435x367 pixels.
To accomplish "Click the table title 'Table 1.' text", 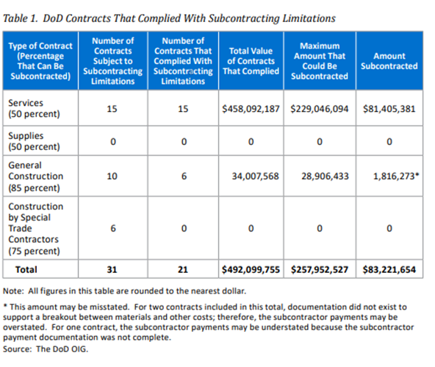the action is point(21,18).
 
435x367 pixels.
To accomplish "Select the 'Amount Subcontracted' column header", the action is point(389,61).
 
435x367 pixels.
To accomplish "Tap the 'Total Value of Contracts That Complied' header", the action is point(251,61).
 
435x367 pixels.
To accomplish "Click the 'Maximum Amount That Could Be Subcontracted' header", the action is point(320,61).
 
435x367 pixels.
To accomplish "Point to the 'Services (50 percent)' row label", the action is point(34,108).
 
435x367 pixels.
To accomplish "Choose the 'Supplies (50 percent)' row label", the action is point(34,141).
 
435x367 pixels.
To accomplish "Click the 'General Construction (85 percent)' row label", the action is point(35,177).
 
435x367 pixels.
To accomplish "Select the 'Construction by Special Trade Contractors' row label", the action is point(35,228).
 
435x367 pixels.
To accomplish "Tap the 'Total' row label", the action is point(26,269).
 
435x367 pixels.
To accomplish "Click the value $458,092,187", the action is point(251,109).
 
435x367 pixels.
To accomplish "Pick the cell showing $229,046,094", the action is point(320,109).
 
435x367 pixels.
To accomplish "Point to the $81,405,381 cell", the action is point(389,109).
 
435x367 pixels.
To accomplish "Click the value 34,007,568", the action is point(255,176).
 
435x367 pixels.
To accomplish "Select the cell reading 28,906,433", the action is point(325,176).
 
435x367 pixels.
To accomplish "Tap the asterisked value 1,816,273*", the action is point(396,176).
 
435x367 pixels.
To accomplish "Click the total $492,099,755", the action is point(251,269).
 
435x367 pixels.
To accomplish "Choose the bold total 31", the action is point(112,269).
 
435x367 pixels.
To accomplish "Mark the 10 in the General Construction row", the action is point(112,176).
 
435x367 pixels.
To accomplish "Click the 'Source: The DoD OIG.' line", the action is point(46,349).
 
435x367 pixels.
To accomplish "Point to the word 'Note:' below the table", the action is point(13,291).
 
